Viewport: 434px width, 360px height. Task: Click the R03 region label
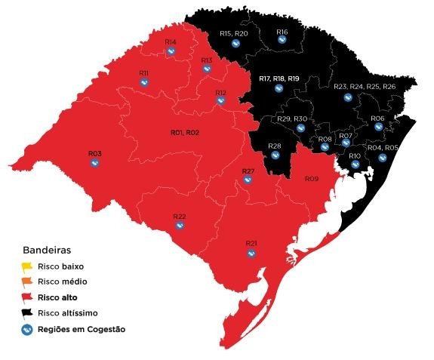click(95, 153)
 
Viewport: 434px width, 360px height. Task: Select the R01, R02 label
click(185, 132)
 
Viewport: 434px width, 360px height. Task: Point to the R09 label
click(312, 179)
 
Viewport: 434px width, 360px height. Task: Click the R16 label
click(282, 32)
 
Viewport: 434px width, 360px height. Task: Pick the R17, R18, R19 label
click(279, 78)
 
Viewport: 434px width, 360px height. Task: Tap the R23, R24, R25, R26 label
click(365, 87)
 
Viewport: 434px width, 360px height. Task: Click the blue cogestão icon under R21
click(251, 253)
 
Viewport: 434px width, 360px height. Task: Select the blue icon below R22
click(180, 226)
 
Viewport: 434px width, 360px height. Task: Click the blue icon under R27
click(248, 181)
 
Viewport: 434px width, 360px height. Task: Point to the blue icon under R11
click(143, 83)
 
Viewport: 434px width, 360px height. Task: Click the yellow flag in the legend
click(26, 266)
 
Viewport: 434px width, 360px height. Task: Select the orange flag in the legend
click(26, 282)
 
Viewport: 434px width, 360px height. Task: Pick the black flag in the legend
click(26, 312)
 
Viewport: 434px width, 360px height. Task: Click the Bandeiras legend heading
click(47, 249)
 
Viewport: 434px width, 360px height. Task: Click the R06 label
click(378, 118)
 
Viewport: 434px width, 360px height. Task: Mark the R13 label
click(207, 60)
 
